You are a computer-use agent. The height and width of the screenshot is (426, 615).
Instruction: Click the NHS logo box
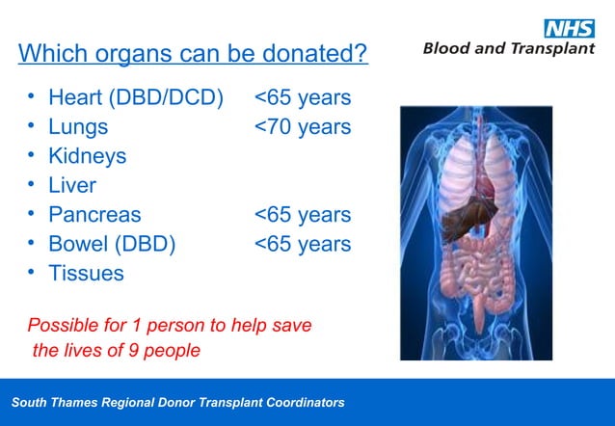(570, 28)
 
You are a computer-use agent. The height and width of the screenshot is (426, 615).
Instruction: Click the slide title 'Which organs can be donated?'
(193, 53)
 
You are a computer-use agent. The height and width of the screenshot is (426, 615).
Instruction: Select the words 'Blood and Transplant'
(509, 48)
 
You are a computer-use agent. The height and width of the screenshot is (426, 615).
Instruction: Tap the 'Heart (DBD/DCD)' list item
(135, 97)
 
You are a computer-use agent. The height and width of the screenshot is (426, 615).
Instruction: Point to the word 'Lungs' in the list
(78, 126)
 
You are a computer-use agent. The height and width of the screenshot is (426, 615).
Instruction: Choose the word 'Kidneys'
(87, 155)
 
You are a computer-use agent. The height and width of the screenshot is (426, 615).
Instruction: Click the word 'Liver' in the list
(72, 185)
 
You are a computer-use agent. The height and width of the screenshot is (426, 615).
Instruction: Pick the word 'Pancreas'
(94, 214)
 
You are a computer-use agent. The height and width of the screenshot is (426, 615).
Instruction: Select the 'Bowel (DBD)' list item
(112, 244)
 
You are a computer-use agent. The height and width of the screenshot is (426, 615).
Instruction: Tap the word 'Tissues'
(86, 273)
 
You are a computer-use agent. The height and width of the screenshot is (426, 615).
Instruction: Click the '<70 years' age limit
(303, 126)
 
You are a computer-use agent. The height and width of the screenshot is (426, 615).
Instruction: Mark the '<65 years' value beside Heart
(303, 97)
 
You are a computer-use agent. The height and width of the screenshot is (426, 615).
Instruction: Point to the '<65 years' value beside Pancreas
(303, 214)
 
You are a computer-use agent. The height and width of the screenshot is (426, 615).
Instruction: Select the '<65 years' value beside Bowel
(303, 244)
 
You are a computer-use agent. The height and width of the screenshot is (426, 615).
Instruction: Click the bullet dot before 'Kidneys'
(31, 154)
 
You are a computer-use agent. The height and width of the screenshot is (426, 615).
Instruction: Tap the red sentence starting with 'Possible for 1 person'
(170, 337)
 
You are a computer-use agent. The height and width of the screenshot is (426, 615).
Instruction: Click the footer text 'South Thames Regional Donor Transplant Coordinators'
(177, 402)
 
